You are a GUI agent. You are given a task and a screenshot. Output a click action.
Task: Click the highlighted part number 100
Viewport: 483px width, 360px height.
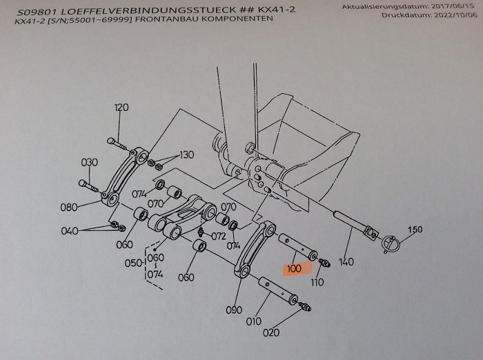pos(294,268)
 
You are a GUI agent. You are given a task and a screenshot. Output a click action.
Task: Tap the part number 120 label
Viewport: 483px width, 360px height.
pos(121,108)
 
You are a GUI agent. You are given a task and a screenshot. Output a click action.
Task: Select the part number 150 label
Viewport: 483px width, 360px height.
pos(415,229)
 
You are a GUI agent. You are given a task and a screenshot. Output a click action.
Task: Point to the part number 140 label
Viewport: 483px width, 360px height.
pos(346,262)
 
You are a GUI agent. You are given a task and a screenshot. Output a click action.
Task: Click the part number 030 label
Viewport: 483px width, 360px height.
pos(90,162)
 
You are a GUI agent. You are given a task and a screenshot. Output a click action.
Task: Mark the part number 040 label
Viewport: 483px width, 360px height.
pos(70,231)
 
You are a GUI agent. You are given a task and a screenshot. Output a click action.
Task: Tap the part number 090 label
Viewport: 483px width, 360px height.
pos(235,310)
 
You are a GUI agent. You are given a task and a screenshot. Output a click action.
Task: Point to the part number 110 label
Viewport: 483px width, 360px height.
pos(317,282)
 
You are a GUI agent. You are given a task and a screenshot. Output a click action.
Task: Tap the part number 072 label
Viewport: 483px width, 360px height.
pos(219,236)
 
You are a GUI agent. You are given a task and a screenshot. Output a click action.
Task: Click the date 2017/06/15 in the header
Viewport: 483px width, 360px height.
pos(442,6)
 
